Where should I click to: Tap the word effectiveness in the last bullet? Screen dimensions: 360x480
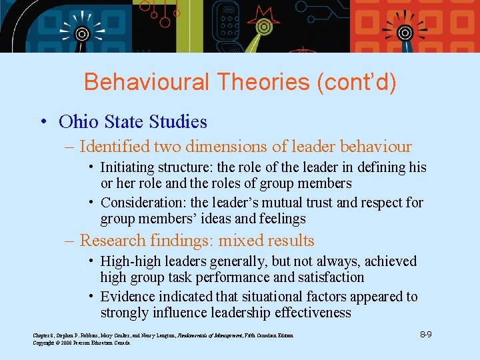click(x=313, y=313)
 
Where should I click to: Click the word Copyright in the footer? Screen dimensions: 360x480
click(x=45, y=343)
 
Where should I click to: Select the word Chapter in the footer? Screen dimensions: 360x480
click(x=41, y=335)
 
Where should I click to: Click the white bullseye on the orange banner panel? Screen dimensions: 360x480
click(x=403, y=32)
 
